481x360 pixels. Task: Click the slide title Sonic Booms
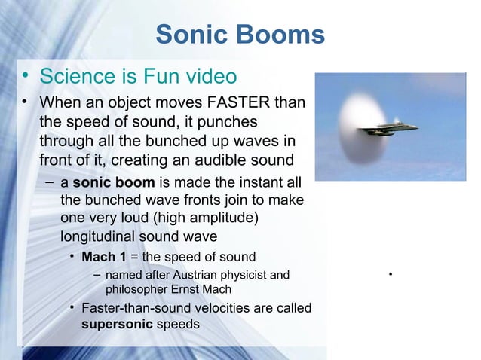240,34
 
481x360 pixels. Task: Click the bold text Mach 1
103,256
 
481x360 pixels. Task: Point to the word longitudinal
103,236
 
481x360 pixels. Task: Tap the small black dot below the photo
391,272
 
